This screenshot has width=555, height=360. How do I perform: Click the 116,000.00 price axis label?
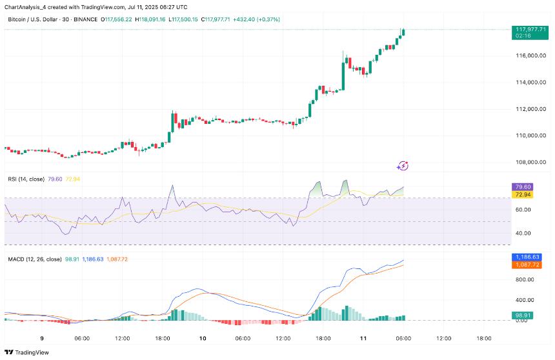coord(528,55)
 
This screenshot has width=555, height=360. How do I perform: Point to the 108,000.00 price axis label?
coord(528,162)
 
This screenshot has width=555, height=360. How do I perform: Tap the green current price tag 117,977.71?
coord(529,29)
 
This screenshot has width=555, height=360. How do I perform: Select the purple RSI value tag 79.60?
coord(521,186)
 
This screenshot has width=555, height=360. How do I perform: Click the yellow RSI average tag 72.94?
coord(521,194)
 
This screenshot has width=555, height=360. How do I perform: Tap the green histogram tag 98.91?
coord(521,315)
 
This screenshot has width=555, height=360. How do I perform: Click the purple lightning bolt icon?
coord(403,166)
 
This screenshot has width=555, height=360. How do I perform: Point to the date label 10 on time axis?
coord(203,338)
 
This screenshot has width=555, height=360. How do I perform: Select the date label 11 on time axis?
coord(363,338)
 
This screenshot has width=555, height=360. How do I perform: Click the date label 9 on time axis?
coord(42,338)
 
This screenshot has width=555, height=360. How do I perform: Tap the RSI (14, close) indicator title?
coord(26,179)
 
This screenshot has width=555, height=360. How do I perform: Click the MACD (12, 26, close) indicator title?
coord(34,259)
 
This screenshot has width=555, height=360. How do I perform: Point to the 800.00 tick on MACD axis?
coord(523,279)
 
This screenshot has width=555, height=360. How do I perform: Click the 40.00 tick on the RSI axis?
coord(523,233)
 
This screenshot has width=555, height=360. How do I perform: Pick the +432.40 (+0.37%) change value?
coord(256,20)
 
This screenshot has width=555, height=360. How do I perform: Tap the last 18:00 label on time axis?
coord(484,338)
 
